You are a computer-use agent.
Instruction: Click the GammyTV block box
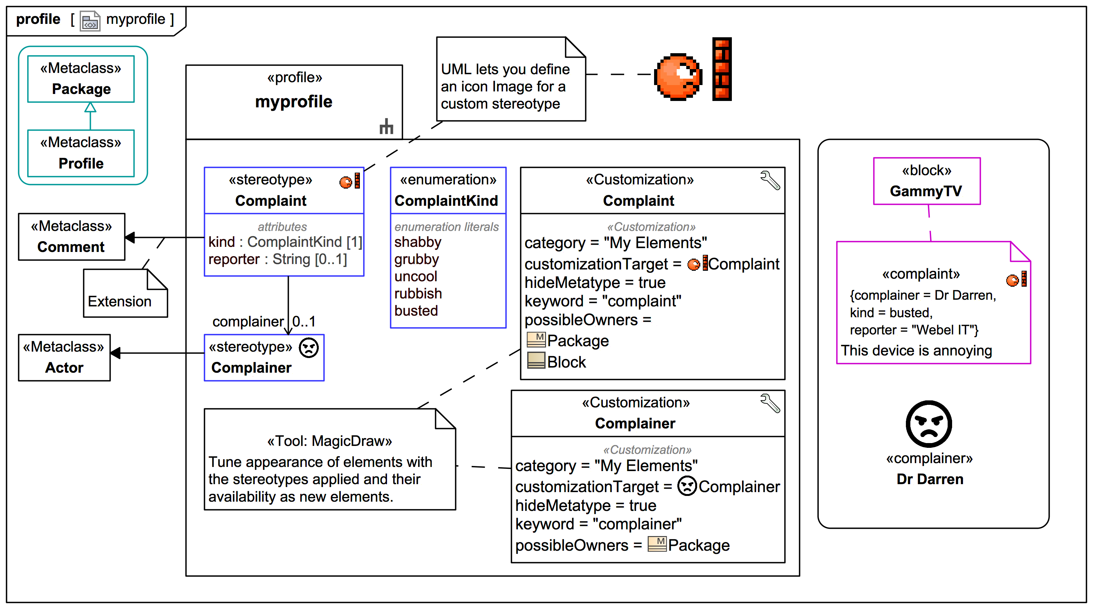tap(926, 181)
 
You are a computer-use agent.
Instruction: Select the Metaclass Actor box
tap(64, 357)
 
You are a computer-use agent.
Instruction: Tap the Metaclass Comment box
tap(71, 237)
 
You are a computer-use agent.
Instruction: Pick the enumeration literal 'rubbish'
tap(418, 293)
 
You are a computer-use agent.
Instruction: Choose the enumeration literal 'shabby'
tap(418, 242)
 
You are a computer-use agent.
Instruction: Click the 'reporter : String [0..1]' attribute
tap(278, 259)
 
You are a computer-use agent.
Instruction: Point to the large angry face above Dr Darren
tap(929, 424)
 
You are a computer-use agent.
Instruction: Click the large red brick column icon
tap(722, 69)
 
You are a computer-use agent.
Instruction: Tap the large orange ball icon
tap(678, 77)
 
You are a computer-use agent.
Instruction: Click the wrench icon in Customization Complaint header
tap(770, 180)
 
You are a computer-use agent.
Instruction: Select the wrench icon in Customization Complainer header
tap(770, 403)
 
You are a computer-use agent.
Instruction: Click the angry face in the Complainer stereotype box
tap(309, 348)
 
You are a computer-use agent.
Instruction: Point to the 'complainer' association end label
tap(248, 321)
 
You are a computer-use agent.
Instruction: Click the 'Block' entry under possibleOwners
tap(566, 362)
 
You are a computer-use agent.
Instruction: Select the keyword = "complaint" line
tap(602, 301)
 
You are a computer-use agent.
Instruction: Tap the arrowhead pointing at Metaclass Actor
tap(115, 353)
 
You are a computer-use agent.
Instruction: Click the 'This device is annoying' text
tap(916, 350)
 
